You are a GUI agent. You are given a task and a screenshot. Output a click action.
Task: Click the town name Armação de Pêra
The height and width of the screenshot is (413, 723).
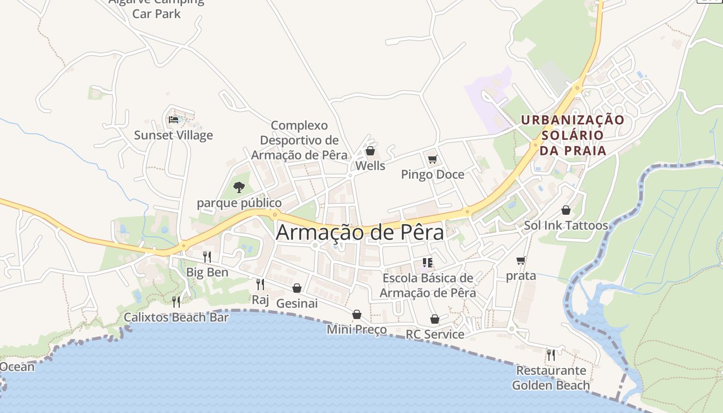(360, 232)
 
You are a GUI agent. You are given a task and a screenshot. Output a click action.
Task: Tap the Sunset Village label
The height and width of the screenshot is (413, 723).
(174, 135)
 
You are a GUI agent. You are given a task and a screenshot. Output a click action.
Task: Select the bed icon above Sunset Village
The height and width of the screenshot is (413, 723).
(174, 120)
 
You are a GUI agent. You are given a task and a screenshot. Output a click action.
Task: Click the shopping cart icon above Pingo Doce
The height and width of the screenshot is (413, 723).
(432, 159)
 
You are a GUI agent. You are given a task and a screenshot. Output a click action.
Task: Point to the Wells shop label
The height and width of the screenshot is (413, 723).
(370, 166)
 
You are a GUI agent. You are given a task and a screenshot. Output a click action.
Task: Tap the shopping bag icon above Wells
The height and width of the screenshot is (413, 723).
(370, 151)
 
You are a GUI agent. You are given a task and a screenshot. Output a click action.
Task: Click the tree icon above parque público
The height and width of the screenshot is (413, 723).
(239, 187)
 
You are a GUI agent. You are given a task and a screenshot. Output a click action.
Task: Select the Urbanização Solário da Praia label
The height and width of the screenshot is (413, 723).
(572, 135)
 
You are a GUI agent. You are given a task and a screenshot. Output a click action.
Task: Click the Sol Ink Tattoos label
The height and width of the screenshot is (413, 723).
(566, 226)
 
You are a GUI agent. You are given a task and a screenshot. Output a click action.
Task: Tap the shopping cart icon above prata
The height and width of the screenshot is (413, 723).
(521, 261)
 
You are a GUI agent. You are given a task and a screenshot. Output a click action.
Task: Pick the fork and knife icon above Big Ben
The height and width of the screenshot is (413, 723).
(207, 257)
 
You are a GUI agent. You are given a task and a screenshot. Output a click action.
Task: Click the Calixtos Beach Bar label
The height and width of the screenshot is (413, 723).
(176, 317)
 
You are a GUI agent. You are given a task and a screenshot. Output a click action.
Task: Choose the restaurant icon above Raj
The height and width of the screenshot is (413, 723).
(260, 284)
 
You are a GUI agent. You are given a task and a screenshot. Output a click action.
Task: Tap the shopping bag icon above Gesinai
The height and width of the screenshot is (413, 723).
(297, 288)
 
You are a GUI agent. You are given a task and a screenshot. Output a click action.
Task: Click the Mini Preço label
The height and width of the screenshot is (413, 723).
(357, 329)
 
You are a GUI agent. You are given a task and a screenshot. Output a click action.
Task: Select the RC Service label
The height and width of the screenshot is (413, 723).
(435, 334)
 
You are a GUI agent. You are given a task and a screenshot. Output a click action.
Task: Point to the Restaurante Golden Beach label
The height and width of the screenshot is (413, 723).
(551, 378)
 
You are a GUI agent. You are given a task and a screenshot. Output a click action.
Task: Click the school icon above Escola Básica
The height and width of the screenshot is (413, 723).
(427, 263)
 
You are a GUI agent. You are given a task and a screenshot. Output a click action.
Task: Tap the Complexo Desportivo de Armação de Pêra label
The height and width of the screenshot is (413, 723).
(299, 140)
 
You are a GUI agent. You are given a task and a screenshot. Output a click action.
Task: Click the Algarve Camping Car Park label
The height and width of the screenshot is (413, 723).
(156, 7)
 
